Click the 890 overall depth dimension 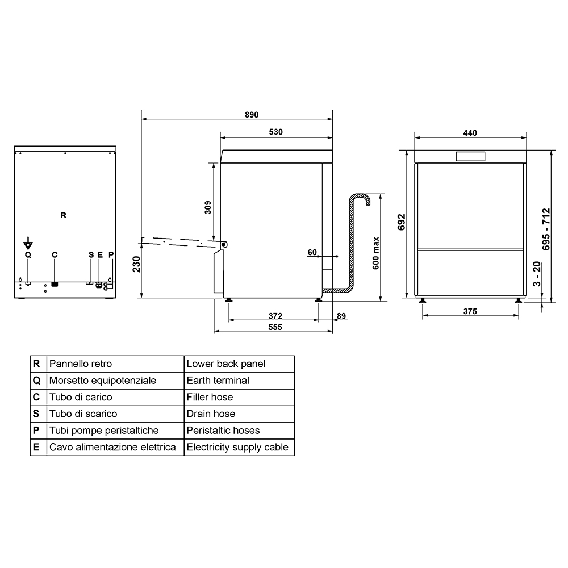252,115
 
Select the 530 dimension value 275,132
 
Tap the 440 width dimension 470,133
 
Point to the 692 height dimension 402,222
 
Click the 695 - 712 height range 546,229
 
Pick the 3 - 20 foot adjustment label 537,274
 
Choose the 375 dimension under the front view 470,311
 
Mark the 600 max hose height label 375,253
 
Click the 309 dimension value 208,207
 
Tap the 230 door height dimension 136,264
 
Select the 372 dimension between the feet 275,316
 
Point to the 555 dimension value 275,327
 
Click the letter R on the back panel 64,215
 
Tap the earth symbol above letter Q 28,244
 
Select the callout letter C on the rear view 55,254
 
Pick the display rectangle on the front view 470,157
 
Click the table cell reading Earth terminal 239,381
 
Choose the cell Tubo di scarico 115,414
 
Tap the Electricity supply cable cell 239,448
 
